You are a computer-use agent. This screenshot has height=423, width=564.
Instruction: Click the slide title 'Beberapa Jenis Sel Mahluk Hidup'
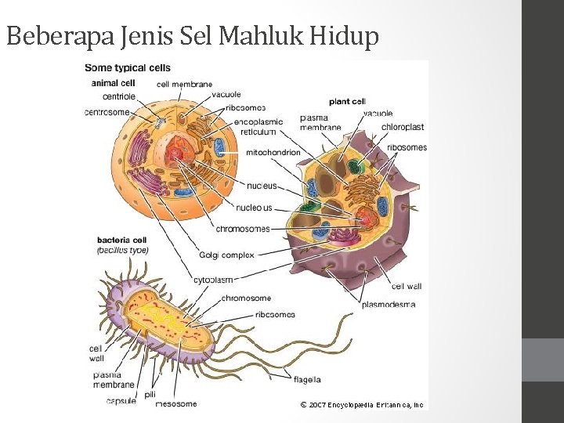coord(193,35)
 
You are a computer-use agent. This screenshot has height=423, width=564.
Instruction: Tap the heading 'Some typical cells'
coord(127,68)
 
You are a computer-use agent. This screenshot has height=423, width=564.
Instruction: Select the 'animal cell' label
coord(113,82)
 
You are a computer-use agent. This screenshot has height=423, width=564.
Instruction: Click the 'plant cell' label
coord(347,101)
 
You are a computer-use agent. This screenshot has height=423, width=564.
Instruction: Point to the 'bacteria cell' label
coord(122,240)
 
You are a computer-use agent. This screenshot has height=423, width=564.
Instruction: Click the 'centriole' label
coord(118,96)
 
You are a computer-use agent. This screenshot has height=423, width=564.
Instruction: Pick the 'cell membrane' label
coord(184,84)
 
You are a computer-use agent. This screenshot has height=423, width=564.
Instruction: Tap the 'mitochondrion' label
coord(273,152)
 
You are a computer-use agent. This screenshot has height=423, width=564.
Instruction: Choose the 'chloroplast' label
coord(403,126)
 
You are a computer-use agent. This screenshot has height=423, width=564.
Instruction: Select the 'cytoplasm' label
coord(213,280)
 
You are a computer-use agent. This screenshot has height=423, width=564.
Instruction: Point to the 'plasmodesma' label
coord(389,304)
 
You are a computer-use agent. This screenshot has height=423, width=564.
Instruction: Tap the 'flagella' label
coord(307,380)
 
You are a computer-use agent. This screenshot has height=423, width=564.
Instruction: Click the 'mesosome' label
coord(176,404)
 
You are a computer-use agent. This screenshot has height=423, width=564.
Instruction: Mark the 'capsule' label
coord(121,401)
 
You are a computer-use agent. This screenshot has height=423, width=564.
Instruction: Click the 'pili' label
coord(150,394)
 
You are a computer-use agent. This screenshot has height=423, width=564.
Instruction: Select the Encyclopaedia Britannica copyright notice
coord(362,405)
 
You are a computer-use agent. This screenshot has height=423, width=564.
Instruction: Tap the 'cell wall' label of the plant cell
coord(407,286)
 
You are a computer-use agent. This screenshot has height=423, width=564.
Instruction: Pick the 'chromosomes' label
coord(243,229)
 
